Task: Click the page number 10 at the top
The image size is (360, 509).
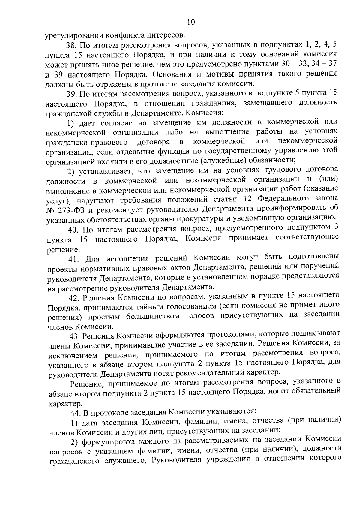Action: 191,22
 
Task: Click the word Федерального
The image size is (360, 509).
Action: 283,199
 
